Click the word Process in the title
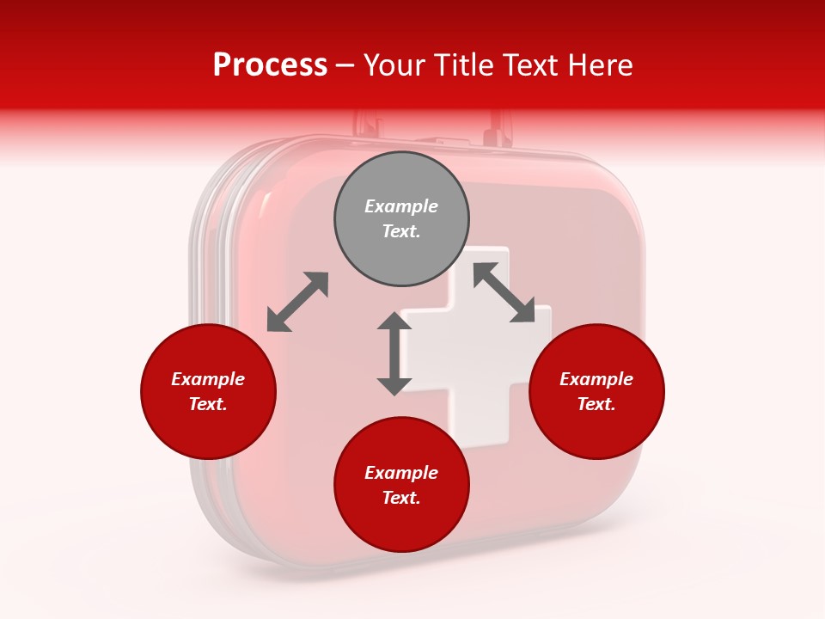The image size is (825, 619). coord(270,65)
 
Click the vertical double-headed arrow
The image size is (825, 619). coord(394,353)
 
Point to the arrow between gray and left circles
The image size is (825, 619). coord(297,302)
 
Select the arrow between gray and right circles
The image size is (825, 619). coord(504,292)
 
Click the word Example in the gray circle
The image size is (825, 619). coord(401,206)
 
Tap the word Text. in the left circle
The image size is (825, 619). coord(208,404)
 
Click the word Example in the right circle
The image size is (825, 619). coord(596,379)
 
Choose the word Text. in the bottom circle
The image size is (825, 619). coord(401,498)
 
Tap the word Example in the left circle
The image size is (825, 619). coord(208,379)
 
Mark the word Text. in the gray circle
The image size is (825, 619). coord(401,231)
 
